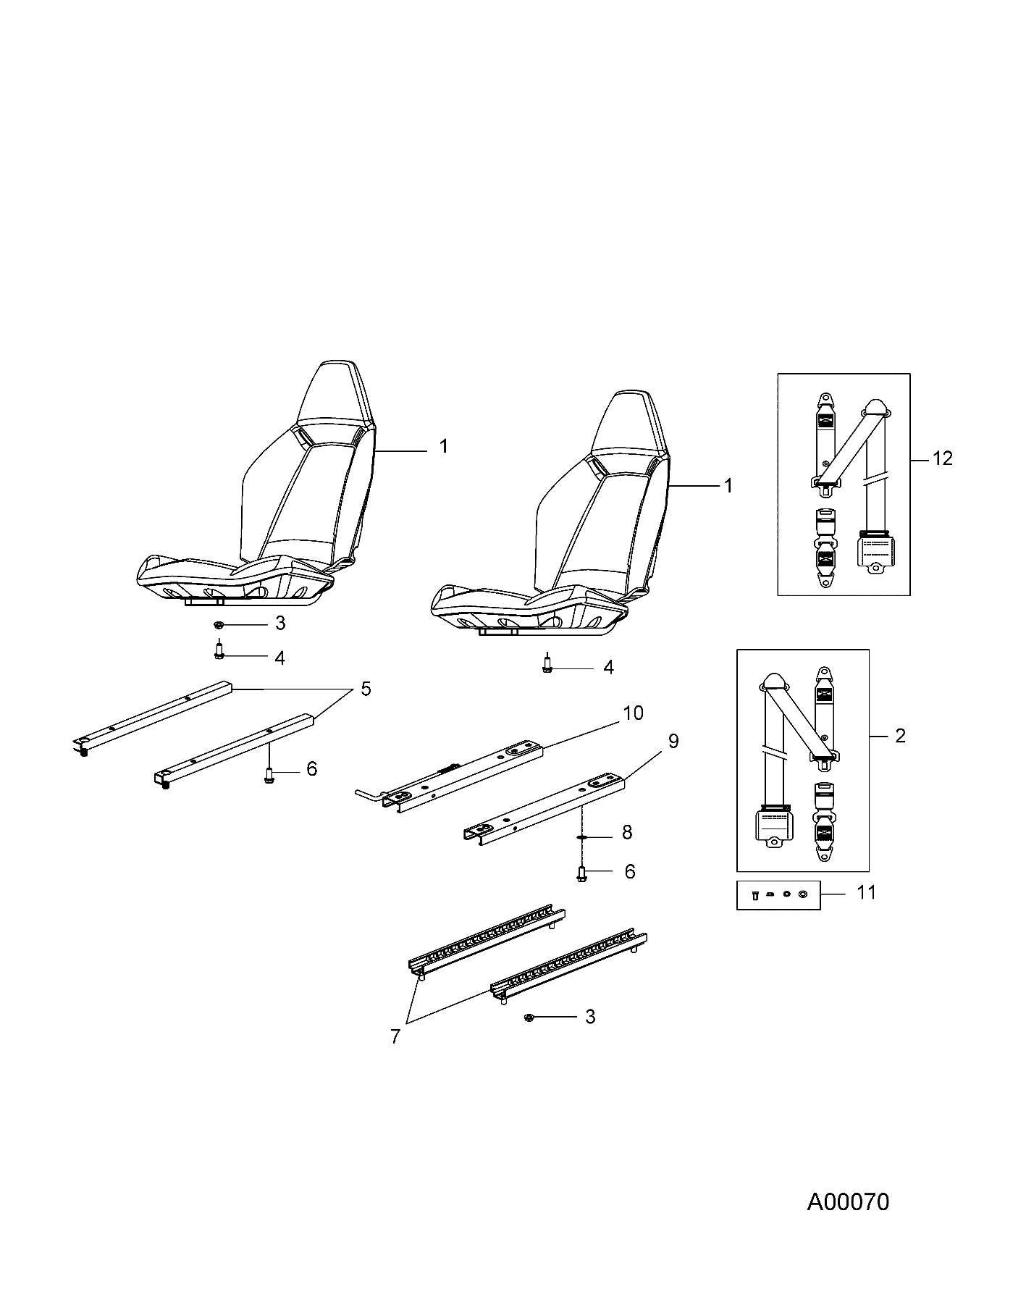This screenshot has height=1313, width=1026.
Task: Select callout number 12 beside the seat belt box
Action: tap(943, 458)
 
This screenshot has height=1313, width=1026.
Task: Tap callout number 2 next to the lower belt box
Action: tap(900, 736)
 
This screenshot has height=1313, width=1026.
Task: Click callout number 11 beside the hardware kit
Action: tap(866, 893)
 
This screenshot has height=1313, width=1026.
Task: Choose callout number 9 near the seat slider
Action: tap(673, 742)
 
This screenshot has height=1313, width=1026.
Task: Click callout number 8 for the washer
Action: tap(626, 833)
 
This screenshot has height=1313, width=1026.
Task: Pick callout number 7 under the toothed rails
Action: tap(395, 1036)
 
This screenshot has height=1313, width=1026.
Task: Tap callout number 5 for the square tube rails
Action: tap(366, 689)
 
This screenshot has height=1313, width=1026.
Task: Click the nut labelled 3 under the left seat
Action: tap(218, 624)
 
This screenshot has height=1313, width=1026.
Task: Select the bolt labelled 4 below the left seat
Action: tap(219, 652)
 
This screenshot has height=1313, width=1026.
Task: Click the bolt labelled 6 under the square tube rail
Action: tap(269, 776)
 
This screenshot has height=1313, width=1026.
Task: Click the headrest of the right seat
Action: tap(624, 424)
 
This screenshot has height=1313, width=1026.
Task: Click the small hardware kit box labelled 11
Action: tap(778, 895)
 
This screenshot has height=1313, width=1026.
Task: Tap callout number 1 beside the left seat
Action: tap(443, 447)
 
